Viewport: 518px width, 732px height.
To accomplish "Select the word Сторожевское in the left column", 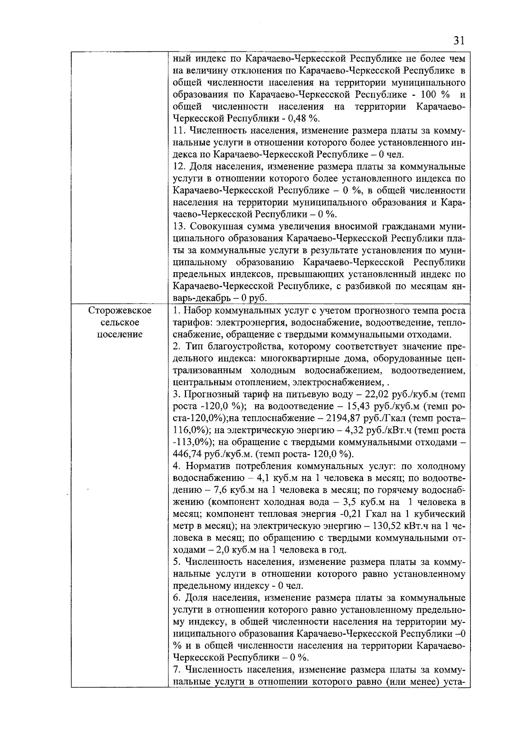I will tap(120, 311).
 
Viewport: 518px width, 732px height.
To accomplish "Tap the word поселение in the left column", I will tap(120, 334).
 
